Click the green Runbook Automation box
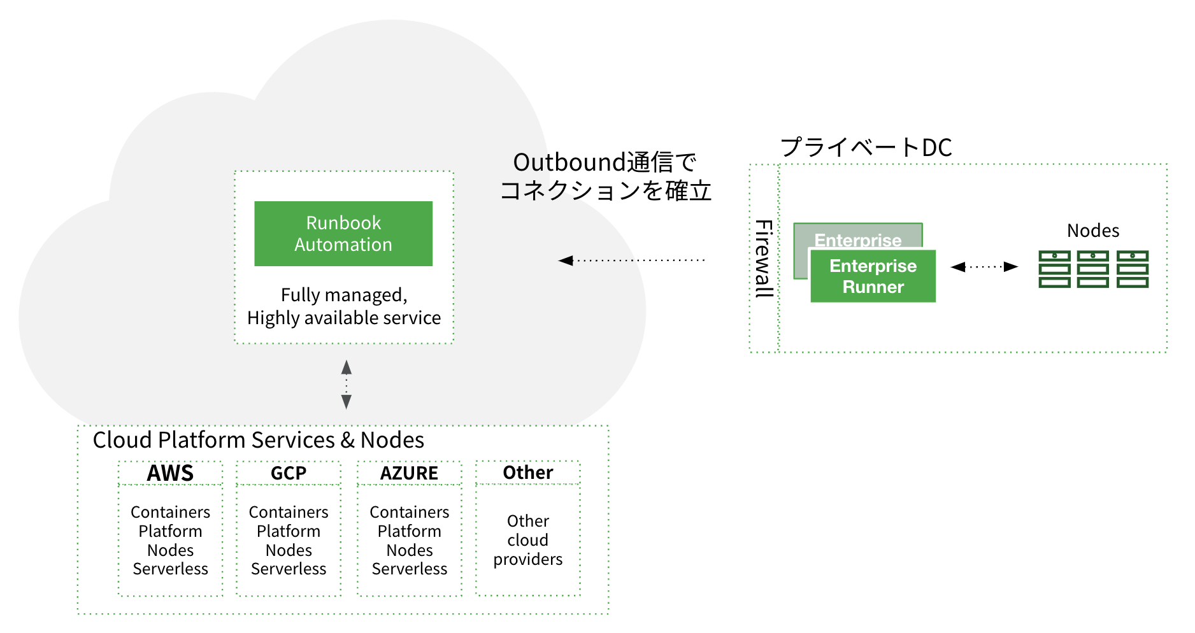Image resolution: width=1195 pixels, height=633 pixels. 343,234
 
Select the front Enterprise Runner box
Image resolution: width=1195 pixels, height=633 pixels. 873,276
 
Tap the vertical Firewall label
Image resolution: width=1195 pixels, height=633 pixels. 764,259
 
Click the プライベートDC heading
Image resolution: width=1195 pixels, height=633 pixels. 866,147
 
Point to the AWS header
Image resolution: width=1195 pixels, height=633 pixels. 170,473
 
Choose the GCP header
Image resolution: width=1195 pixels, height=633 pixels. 289,473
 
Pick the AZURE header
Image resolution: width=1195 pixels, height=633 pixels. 409,473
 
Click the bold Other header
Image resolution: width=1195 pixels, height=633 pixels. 528,473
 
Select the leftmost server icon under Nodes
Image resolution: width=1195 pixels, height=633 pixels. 1054,269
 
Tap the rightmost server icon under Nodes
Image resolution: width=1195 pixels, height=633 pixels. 1133,269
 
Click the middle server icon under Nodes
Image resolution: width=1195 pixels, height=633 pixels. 1093,269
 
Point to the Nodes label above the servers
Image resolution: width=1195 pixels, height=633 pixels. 1093,231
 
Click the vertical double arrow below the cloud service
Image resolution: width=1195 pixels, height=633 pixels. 347,384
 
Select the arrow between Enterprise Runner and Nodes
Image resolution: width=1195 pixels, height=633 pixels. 984,267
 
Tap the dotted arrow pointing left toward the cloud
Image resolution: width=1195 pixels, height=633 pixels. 631,260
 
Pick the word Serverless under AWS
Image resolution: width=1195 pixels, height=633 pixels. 170,569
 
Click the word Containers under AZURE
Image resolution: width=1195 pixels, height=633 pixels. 409,512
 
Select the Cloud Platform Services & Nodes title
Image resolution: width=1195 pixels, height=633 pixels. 258,440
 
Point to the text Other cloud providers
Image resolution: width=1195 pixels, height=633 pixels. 528,540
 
